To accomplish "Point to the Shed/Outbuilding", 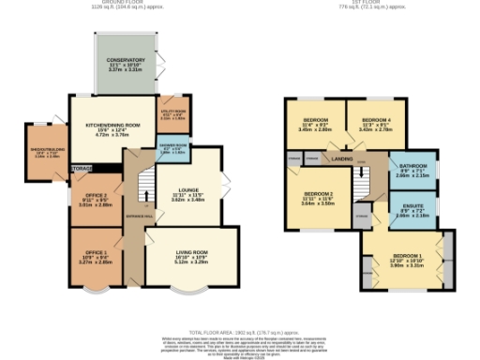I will [47, 149].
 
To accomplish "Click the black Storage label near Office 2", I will [82, 168].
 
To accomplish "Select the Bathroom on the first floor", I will [412, 169].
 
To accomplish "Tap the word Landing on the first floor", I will [341, 159].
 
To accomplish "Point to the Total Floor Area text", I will [239, 332].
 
